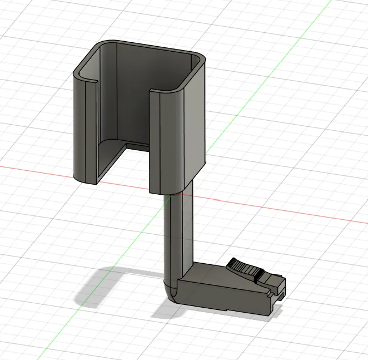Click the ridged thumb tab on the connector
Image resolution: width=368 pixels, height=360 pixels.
pos(245,268)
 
